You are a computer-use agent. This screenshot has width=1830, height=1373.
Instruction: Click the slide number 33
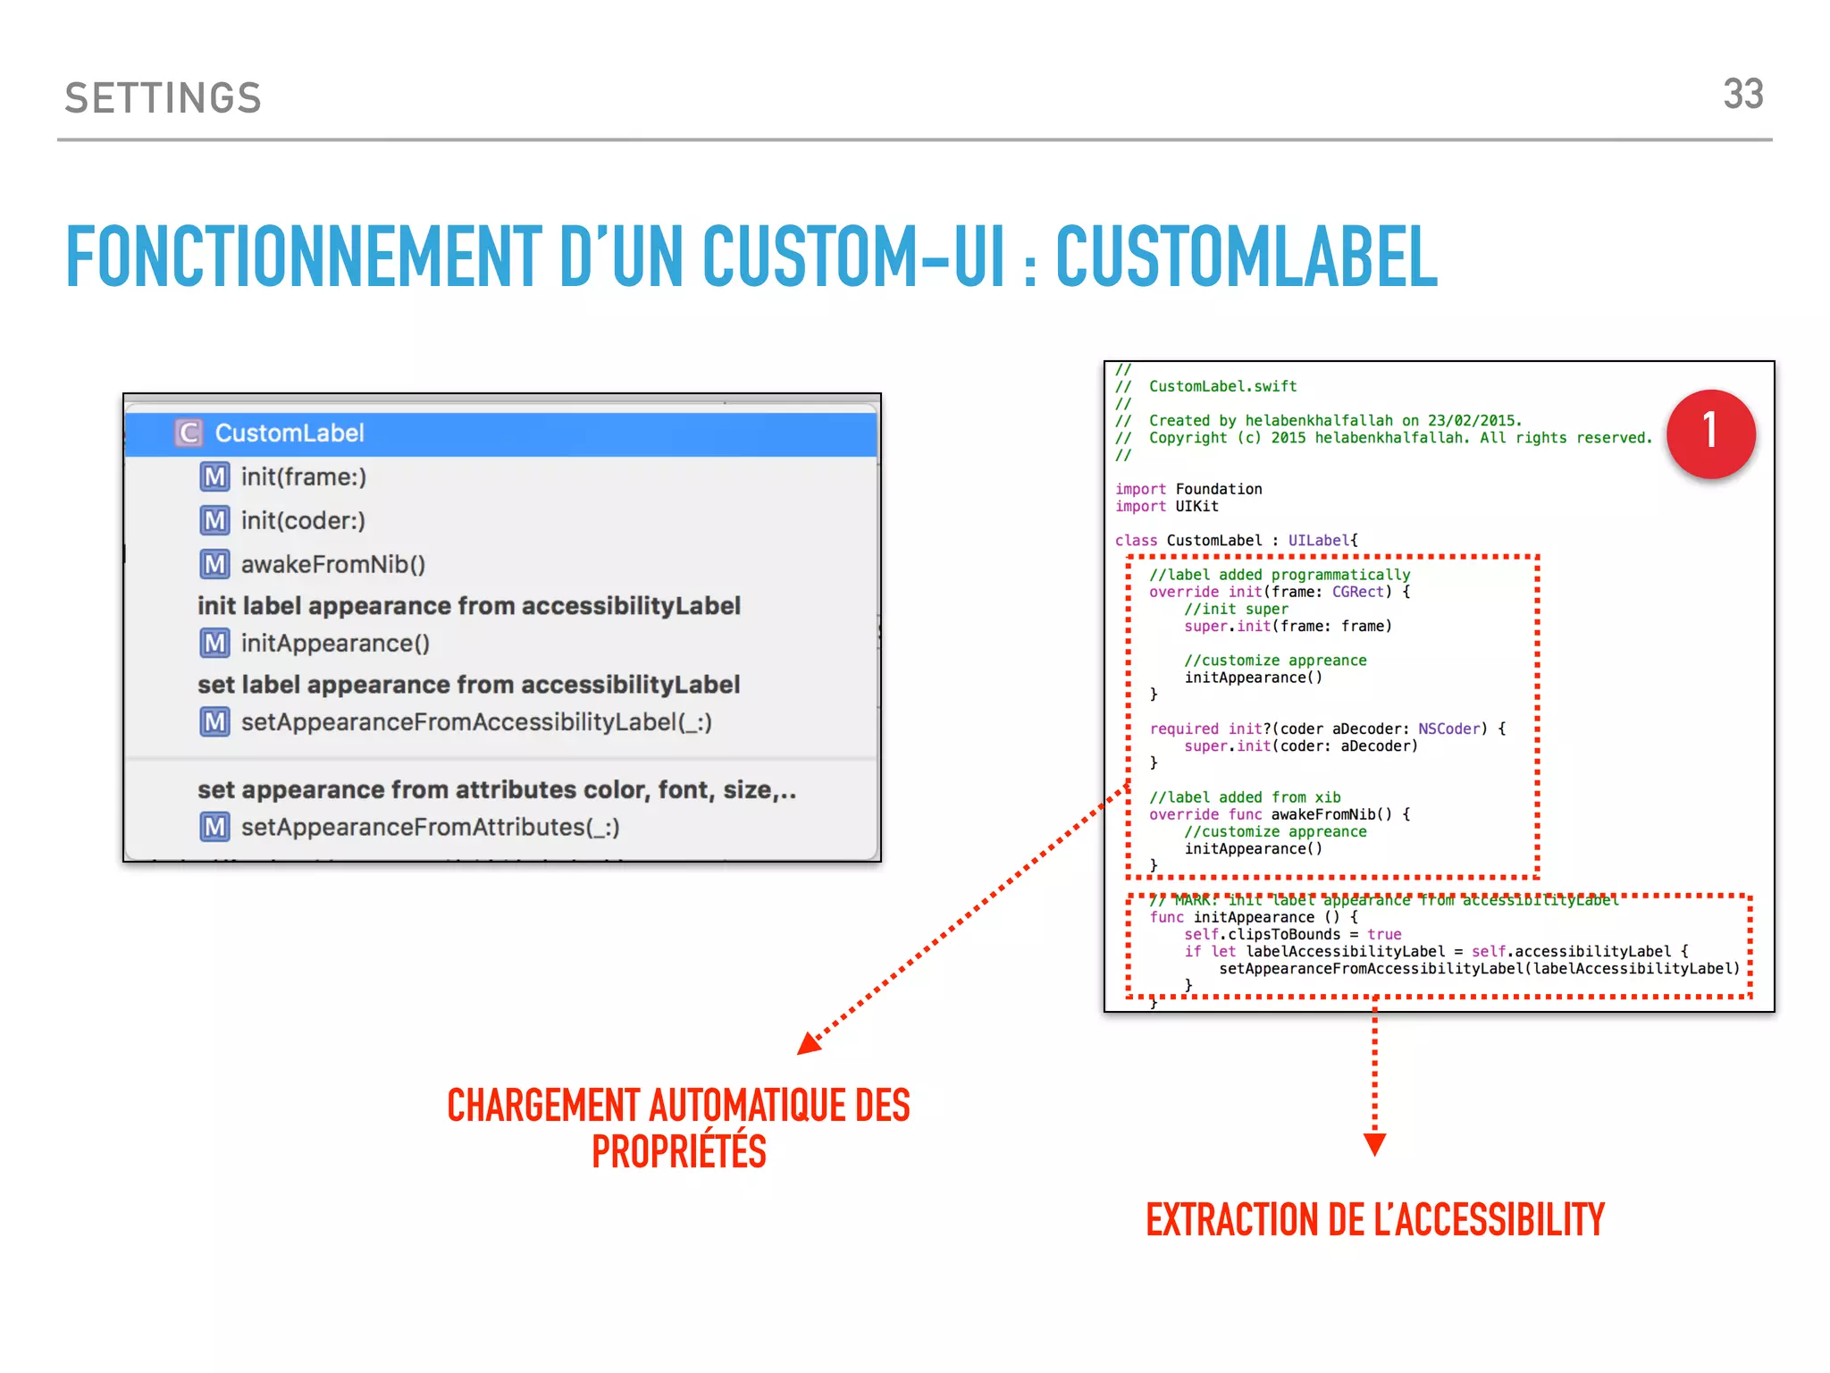pos(1742,95)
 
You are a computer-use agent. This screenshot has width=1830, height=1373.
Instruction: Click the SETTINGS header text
pos(164,98)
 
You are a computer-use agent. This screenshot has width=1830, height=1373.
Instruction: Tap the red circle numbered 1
pos(1710,434)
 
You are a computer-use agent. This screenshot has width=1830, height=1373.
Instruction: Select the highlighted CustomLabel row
pos(500,434)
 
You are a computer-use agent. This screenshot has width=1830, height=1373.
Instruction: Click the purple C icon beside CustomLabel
pos(189,434)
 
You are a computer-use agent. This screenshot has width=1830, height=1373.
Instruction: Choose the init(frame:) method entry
pos(303,477)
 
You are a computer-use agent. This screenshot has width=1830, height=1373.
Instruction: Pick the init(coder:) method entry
pos(303,521)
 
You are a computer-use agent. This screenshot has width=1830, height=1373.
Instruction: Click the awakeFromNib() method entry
pos(332,565)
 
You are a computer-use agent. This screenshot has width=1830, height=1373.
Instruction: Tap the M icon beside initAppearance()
pos(214,644)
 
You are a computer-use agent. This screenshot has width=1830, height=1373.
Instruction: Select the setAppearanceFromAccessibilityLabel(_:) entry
pos(476,722)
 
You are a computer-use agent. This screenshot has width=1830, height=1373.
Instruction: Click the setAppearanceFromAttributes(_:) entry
pos(430,828)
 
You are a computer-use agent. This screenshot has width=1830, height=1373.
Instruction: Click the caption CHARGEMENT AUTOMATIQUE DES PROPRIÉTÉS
pos(678,1128)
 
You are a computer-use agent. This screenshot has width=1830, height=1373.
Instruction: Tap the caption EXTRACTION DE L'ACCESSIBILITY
pos(1374,1220)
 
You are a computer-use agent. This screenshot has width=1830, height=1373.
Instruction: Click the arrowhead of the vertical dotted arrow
pos(1374,1144)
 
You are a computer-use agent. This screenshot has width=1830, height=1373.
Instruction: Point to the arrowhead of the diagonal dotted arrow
pos(810,1044)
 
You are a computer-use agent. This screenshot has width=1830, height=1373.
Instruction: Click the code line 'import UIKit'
pos(1166,507)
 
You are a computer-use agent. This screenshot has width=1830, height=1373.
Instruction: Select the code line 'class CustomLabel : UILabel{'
pos(1236,541)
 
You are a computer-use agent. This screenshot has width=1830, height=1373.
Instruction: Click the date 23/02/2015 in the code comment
pos(1473,421)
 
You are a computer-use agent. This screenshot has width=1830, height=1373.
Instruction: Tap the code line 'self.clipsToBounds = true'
pos(1292,935)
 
